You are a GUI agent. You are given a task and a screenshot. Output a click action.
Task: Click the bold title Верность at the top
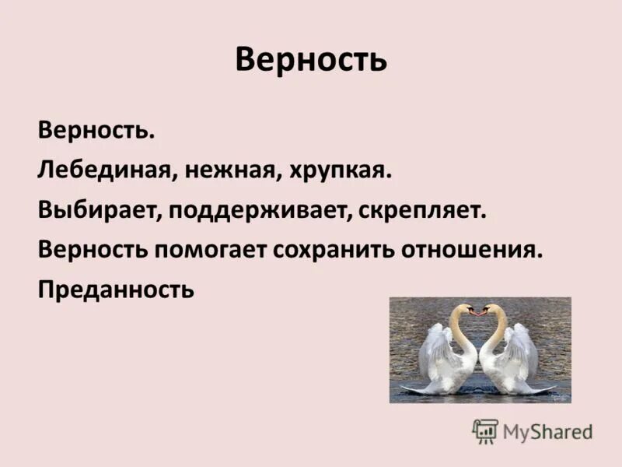[310, 60]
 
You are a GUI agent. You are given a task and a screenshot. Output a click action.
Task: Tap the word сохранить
[332, 251]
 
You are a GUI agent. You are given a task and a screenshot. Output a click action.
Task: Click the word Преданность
[115, 290]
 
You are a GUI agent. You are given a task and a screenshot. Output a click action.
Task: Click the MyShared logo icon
[485, 431]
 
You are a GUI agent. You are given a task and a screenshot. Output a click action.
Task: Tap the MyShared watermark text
[547, 432]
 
